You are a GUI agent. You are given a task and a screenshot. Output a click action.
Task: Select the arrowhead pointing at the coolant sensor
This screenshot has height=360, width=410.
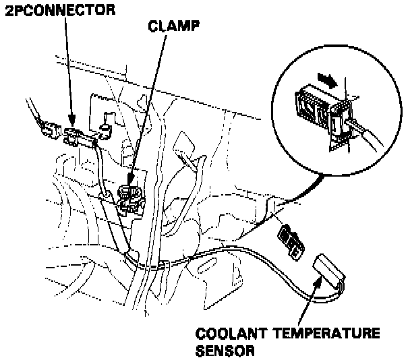(316, 280)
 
